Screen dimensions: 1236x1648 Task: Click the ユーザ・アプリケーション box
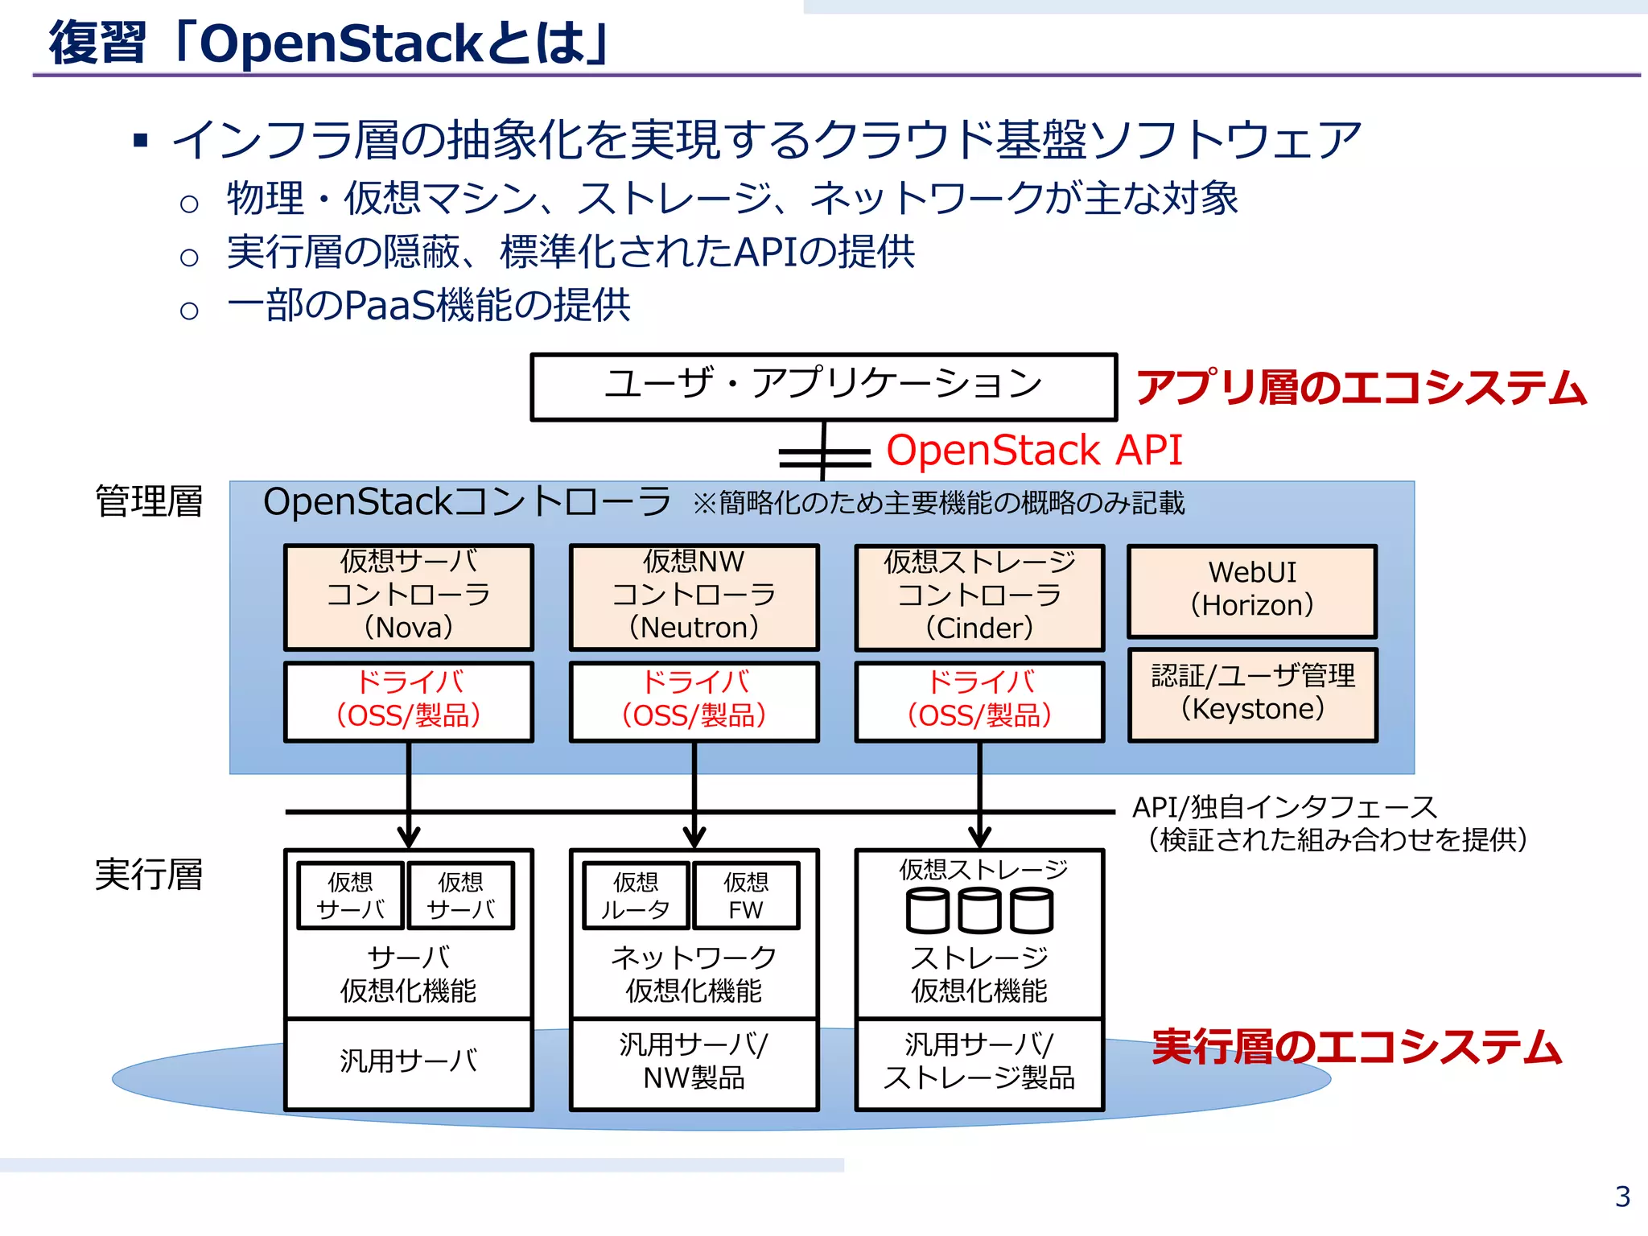pos(823,386)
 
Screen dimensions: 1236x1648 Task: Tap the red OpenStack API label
pos(1034,450)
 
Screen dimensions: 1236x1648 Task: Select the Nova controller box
pos(409,596)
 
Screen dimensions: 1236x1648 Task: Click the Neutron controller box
pos(694,596)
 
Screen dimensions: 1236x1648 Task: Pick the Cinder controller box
pos(979,596)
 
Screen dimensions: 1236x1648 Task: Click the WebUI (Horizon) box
pos(1252,590)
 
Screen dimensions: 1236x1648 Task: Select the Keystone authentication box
pos(1252,694)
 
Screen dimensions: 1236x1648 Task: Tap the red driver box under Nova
pos(409,700)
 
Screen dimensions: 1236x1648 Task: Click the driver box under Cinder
pos(979,700)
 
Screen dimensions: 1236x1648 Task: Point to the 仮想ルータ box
pos(636,896)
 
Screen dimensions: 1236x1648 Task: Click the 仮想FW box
pos(746,896)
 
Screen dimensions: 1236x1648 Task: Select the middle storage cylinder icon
pos(979,911)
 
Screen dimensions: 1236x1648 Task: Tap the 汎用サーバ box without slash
pos(409,1063)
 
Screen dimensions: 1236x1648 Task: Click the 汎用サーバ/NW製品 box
pos(694,1063)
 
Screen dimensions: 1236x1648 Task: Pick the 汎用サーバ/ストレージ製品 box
pos(979,1063)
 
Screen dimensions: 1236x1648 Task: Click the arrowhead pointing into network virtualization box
pos(694,837)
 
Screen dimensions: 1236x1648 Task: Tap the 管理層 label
pos(149,502)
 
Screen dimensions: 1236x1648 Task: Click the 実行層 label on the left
pos(149,875)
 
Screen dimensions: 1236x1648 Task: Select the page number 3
pos(1622,1197)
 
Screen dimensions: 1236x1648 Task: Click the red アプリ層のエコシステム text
pos(1360,388)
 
